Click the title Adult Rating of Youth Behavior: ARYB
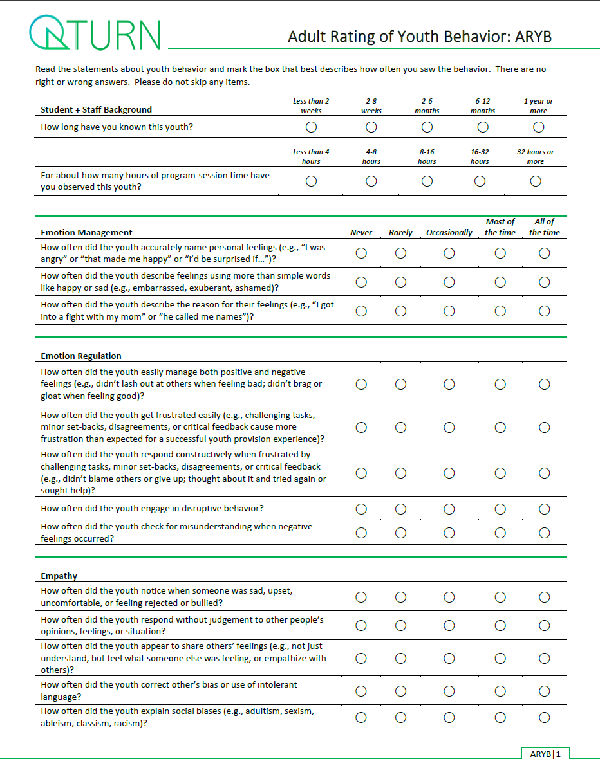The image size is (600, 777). [420, 37]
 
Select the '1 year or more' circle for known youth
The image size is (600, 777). [538, 127]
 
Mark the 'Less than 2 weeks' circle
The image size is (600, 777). [311, 127]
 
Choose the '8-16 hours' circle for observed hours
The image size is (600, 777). [427, 181]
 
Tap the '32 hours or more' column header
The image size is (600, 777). [535, 157]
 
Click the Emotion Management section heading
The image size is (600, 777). [86, 233]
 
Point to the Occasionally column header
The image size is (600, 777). [449, 233]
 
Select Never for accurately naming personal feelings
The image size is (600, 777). [361, 253]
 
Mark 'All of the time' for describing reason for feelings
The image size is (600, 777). [545, 311]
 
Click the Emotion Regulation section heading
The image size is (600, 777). [81, 356]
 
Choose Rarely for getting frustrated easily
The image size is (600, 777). [400, 427]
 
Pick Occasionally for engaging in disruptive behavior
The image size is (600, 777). [449, 509]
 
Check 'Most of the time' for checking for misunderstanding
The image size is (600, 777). [500, 533]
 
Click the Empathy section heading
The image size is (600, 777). [59, 576]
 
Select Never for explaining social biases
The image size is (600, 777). [361, 718]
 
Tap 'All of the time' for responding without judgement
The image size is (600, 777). [545, 626]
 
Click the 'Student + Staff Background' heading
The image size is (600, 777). [96, 110]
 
